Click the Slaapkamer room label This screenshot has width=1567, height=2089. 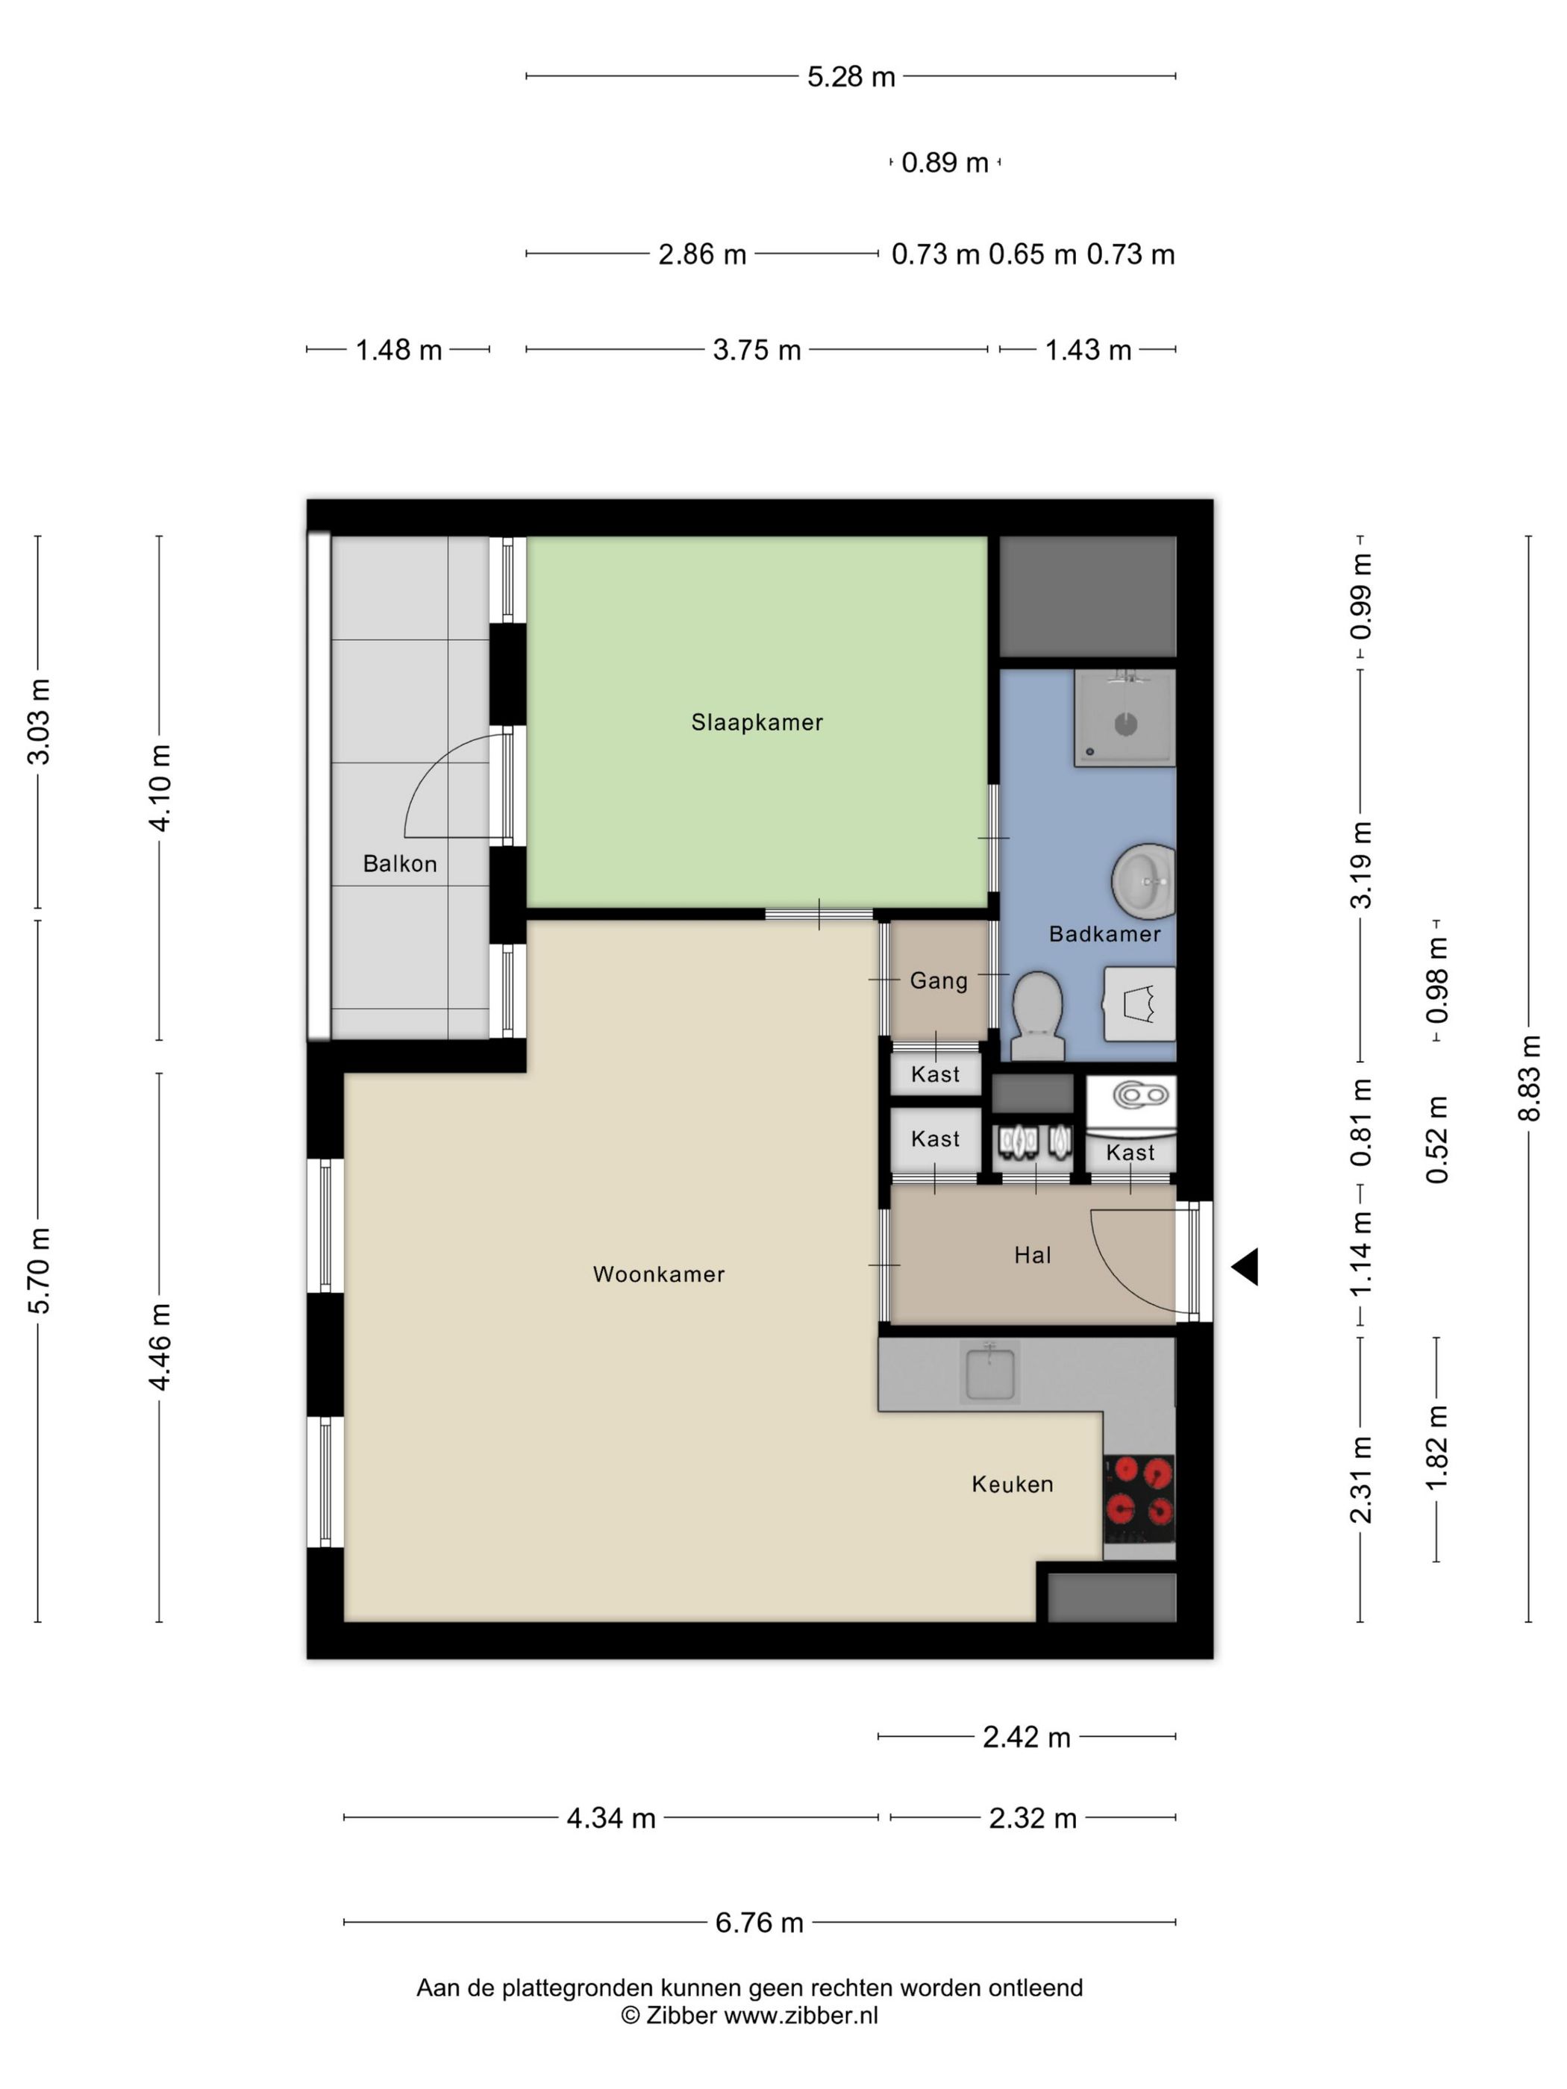(757, 722)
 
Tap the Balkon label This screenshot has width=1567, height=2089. (399, 863)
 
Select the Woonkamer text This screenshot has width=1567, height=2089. (658, 1274)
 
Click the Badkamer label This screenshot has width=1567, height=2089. (1104, 934)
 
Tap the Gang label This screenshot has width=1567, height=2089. (939, 981)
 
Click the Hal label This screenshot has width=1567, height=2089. (1033, 1255)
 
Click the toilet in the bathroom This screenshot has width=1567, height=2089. (1037, 1015)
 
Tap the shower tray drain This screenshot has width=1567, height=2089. (1126, 725)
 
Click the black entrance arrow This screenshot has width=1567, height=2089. (1245, 1266)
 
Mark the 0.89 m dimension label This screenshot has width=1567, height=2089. (945, 163)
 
